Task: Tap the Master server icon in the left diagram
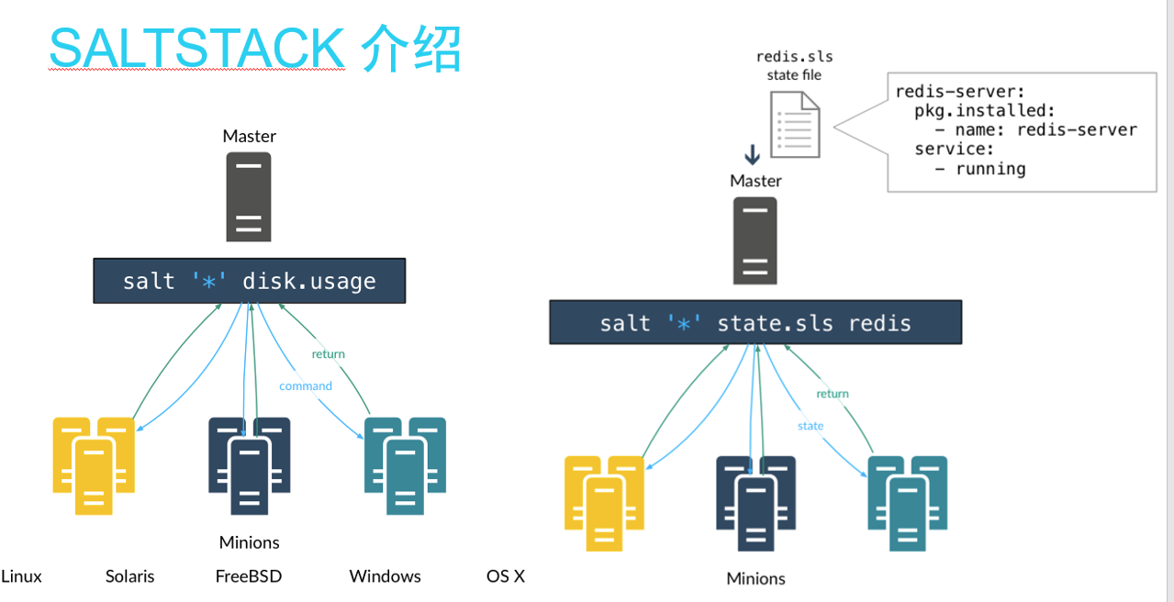249,196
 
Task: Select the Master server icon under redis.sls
755,241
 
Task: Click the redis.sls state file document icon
797,127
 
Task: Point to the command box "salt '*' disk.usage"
249,281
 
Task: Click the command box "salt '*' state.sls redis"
755,322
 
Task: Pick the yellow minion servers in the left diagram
94,463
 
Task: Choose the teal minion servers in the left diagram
405,463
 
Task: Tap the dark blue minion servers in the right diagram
755,503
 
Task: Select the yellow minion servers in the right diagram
604,503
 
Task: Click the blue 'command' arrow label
306,386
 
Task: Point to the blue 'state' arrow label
811,426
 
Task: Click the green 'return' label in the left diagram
328,354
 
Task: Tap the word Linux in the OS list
22,576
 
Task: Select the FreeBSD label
249,576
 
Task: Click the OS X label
506,576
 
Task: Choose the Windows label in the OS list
385,576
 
